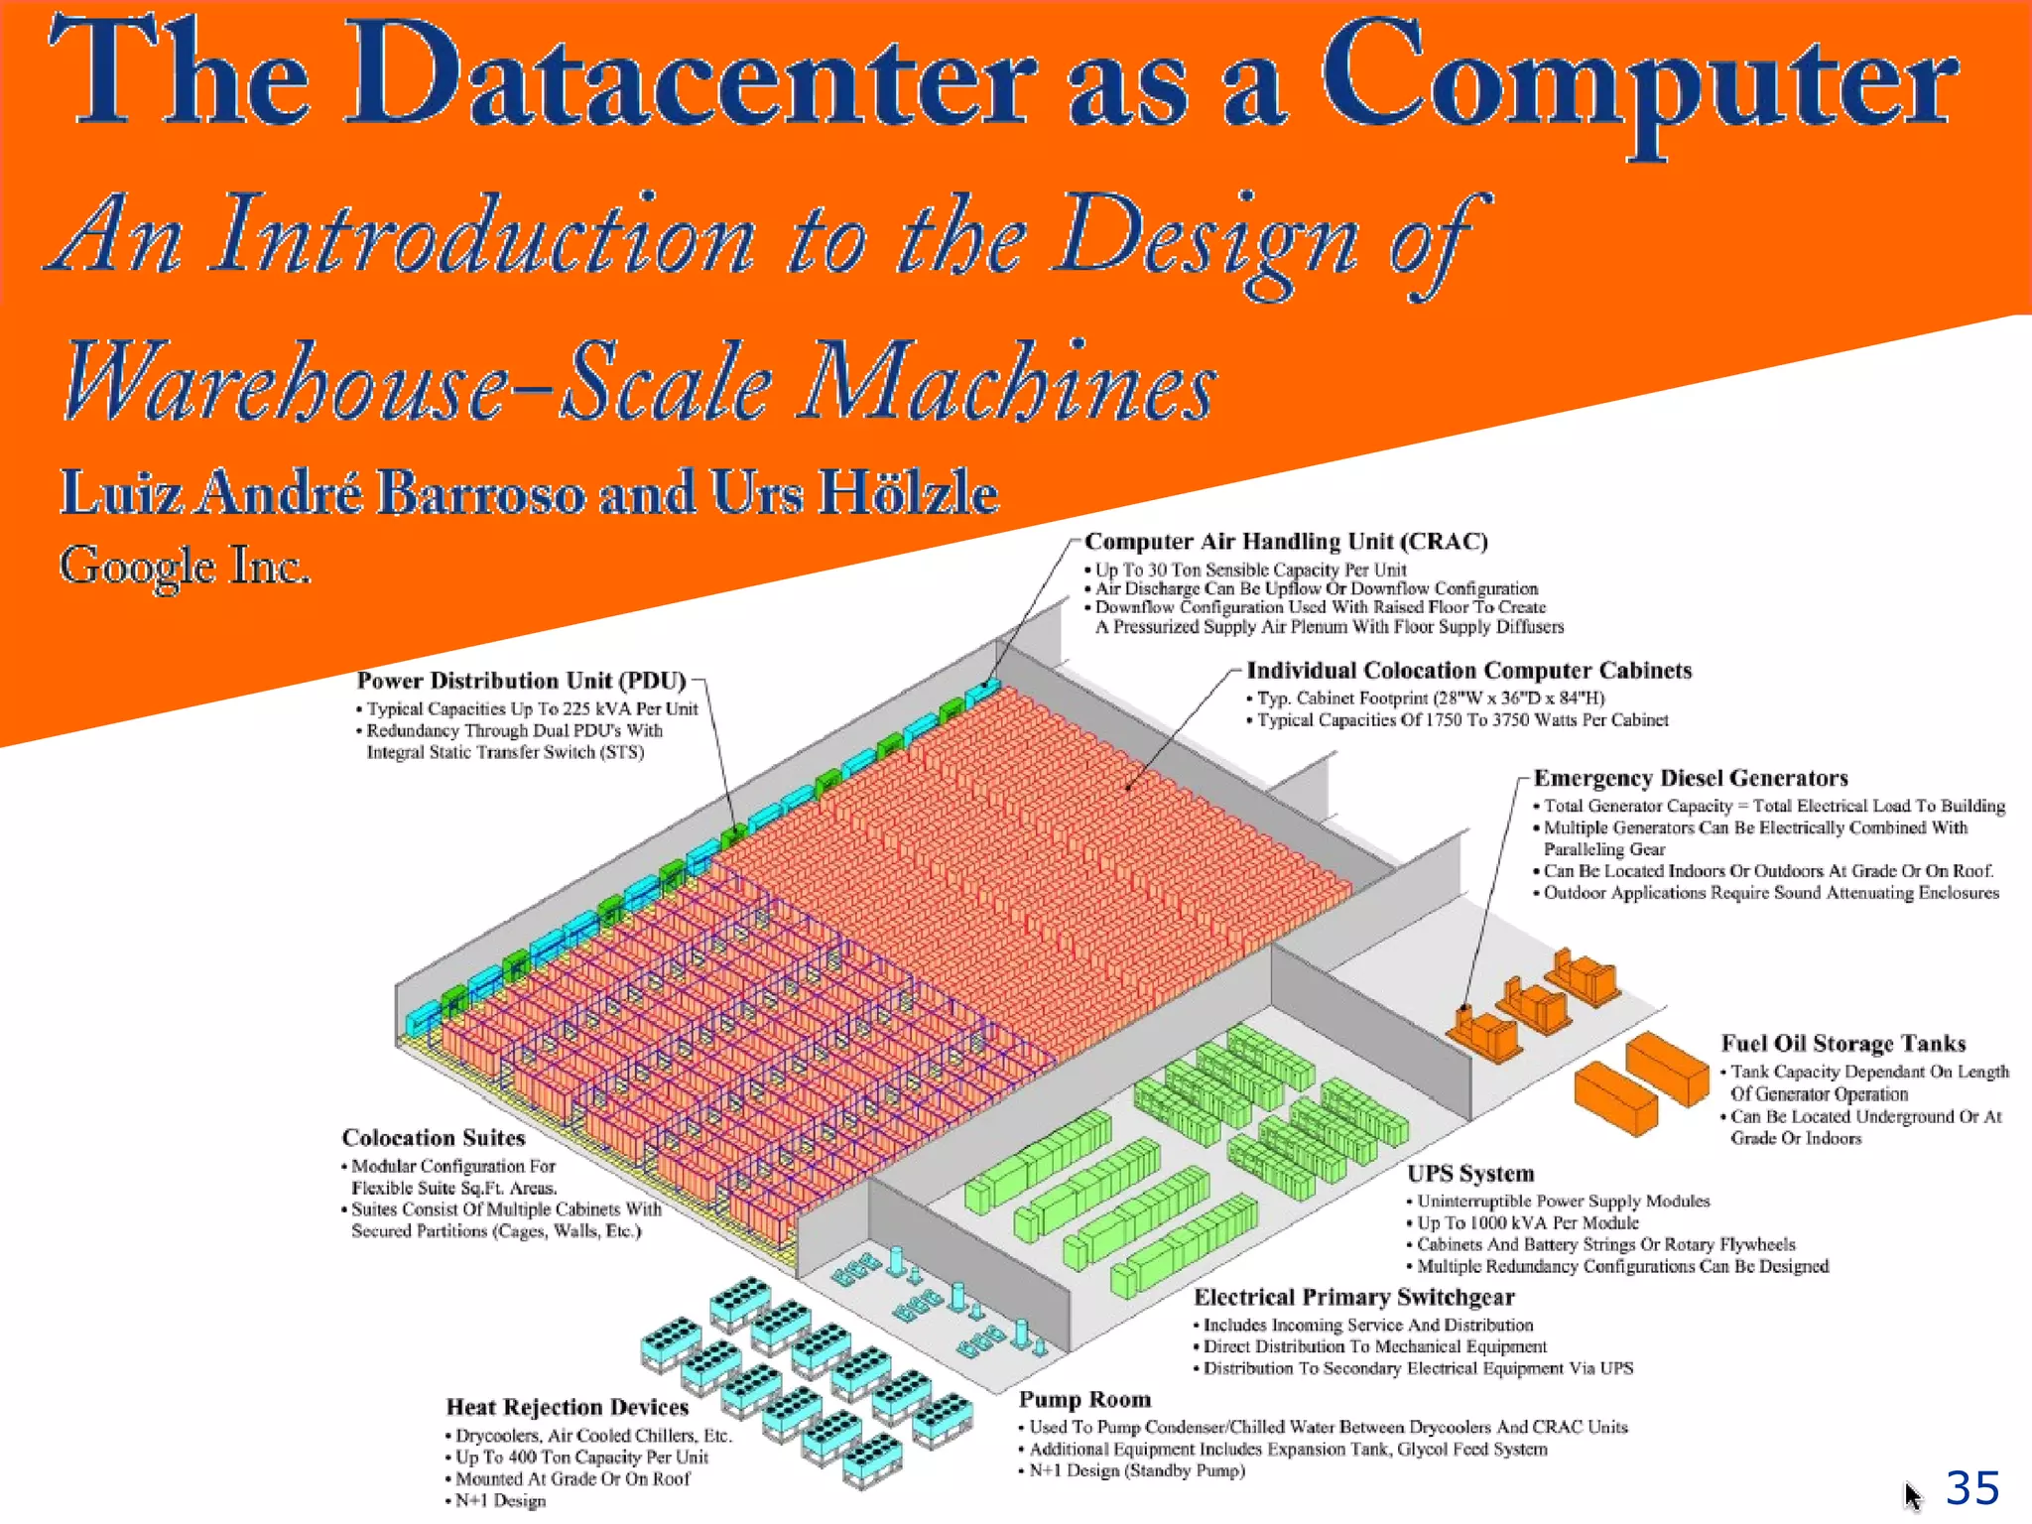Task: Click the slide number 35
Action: coord(1971,1487)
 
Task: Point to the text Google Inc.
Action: coord(185,566)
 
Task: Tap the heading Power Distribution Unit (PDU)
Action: coord(521,681)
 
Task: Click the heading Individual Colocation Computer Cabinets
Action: coord(1468,671)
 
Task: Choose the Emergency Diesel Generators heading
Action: coord(1691,778)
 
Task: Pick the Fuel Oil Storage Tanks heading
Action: coord(1842,1044)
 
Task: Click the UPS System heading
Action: coord(1470,1174)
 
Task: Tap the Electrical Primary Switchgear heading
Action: coord(1353,1298)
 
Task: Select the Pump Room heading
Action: coord(1084,1400)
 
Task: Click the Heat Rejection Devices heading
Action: coord(567,1407)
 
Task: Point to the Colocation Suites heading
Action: coord(434,1138)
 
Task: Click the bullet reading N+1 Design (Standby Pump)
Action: coord(1136,1470)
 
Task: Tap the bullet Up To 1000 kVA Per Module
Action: coord(1527,1223)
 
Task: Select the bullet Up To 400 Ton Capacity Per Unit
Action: coord(581,1458)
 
